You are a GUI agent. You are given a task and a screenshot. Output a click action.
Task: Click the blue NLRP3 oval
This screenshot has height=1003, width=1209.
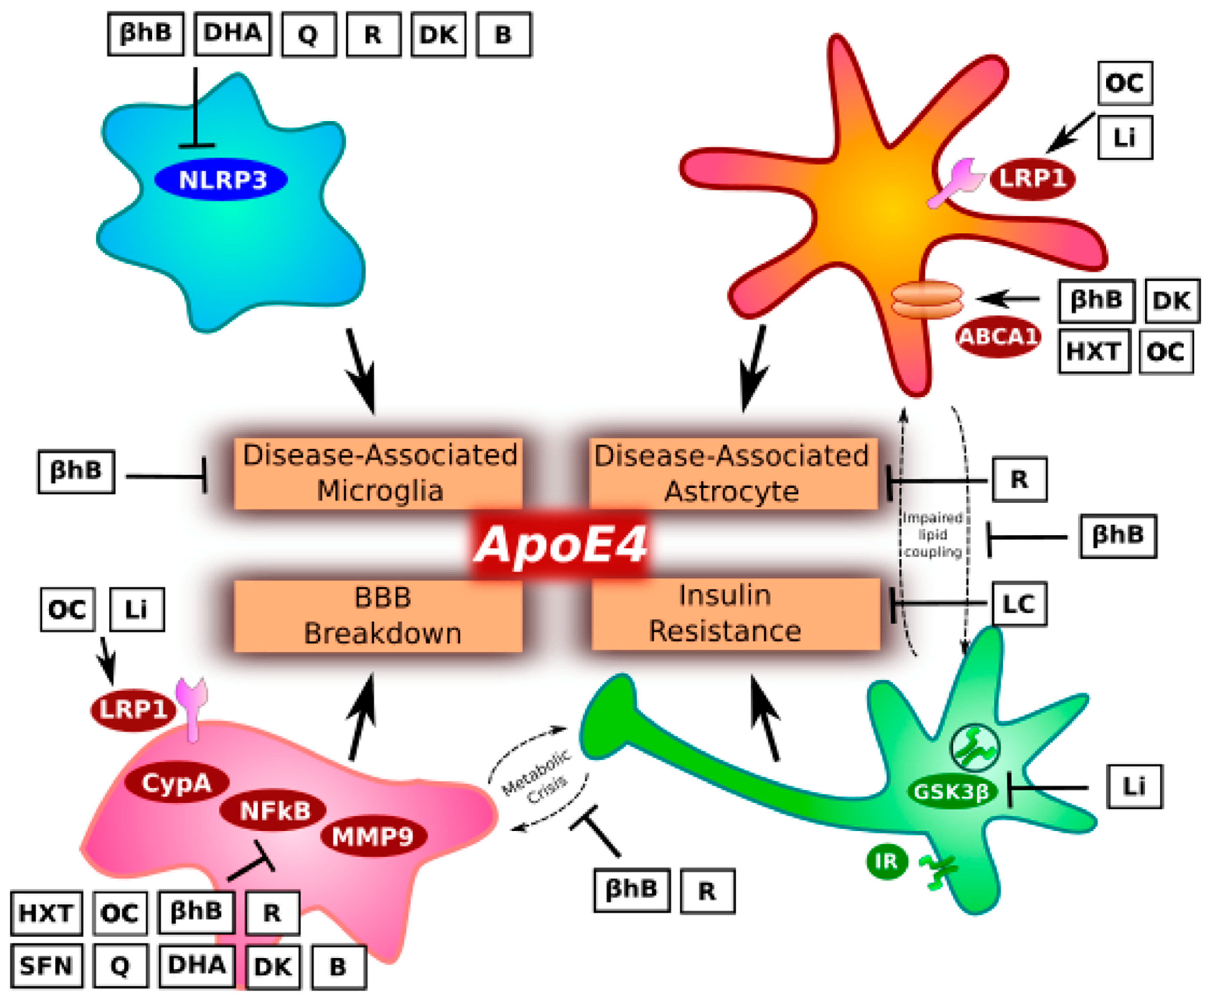pyautogui.click(x=221, y=180)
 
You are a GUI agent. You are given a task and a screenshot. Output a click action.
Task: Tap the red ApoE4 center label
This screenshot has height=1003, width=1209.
pyautogui.click(x=559, y=544)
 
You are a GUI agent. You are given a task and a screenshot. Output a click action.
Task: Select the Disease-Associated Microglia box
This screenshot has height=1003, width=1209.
pyautogui.click(x=379, y=473)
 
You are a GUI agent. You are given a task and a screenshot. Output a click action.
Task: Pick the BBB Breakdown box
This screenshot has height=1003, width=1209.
pyautogui.click(x=379, y=615)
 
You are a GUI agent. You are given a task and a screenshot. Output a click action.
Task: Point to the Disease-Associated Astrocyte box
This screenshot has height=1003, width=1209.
pyautogui.click(x=733, y=473)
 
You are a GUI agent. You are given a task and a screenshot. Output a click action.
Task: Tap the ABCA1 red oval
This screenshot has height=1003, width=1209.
pyautogui.click(x=998, y=336)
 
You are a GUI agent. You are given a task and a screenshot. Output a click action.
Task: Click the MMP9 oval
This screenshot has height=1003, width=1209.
pyautogui.click(x=373, y=836)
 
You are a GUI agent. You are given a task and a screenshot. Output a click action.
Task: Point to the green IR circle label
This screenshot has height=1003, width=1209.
pyautogui.click(x=886, y=861)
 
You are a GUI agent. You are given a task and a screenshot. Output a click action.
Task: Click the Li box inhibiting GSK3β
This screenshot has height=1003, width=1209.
pyautogui.click(x=1134, y=786)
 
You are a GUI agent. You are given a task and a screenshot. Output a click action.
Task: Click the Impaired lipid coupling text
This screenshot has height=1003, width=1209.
pyautogui.click(x=933, y=535)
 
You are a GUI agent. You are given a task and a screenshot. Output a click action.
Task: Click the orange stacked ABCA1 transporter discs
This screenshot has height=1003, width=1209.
pyautogui.click(x=927, y=299)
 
